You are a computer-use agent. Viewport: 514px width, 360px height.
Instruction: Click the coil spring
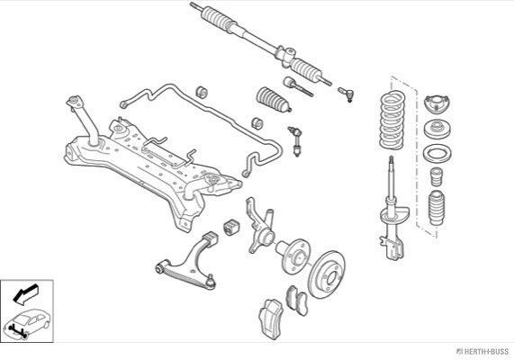pyautogui.click(x=392, y=120)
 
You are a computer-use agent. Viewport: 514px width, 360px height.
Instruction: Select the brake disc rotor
pyautogui.click(x=328, y=274)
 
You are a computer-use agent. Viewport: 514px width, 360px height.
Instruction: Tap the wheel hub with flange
pyautogui.click(x=293, y=255)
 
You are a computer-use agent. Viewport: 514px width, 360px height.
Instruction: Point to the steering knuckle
pyautogui.click(x=259, y=226)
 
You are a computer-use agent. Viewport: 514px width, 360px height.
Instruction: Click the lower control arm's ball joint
pyautogui.click(x=211, y=282)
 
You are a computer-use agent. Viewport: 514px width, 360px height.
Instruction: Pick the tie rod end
pyautogui.click(x=347, y=94)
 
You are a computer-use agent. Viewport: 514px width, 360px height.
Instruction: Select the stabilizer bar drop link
pyautogui.click(x=295, y=141)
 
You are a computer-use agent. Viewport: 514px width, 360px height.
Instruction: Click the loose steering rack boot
pyautogui.click(x=273, y=99)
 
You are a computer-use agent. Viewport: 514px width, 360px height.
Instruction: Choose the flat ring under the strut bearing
pyautogui.click(x=437, y=153)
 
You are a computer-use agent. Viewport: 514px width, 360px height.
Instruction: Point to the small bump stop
pyautogui.click(x=437, y=176)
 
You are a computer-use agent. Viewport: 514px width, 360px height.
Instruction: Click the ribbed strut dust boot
pyautogui.click(x=437, y=208)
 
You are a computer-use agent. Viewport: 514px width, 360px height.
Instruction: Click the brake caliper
pyautogui.click(x=271, y=318)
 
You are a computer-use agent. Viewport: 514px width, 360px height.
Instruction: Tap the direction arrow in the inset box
pyautogui.click(x=25, y=293)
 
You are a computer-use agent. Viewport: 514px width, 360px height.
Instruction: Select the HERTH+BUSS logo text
pyautogui.click(x=482, y=351)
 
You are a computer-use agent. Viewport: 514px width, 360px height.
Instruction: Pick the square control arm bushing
pyautogui.click(x=231, y=227)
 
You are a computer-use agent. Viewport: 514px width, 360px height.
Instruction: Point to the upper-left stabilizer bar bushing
pyautogui.click(x=202, y=92)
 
